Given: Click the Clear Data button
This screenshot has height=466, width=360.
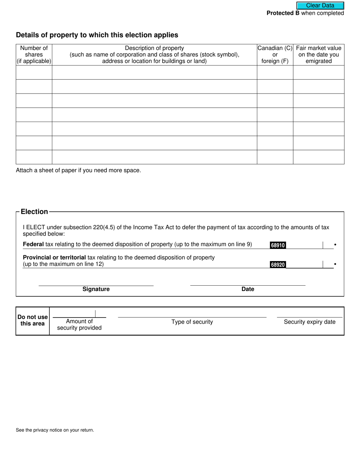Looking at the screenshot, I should [x=320, y=5].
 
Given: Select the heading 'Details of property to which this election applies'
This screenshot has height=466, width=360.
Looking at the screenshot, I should [x=97, y=35].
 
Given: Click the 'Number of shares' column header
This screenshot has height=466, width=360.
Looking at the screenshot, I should [x=34, y=55].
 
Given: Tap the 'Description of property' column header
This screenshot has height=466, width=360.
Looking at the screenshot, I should [x=154, y=55].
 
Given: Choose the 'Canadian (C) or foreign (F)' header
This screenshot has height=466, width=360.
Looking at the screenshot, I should [x=275, y=55].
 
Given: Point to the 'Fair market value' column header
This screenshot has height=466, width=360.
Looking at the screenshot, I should [x=318, y=55].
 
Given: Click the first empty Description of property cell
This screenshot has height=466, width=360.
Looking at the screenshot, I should [x=154, y=72].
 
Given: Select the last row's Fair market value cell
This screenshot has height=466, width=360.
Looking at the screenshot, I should [x=318, y=157].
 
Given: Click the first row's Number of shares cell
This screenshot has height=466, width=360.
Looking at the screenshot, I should [x=34, y=72].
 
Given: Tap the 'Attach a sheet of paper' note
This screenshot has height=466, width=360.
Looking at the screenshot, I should [x=78, y=170].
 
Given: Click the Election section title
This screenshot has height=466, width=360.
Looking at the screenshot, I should [x=34, y=212].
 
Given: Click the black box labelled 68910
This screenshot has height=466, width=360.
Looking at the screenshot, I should [x=277, y=246].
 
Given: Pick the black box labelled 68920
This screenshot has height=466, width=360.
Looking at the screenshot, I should [x=277, y=265].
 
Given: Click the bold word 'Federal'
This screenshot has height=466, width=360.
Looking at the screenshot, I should [x=33, y=244].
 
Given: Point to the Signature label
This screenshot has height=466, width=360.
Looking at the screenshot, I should [x=96, y=289].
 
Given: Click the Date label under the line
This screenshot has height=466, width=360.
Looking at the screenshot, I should [x=248, y=289].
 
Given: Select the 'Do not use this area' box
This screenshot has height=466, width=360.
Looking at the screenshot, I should [x=33, y=321].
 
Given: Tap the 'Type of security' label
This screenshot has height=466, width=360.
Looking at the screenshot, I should [x=192, y=322].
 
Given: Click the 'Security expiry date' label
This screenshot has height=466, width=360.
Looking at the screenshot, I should [x=310, y=322].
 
